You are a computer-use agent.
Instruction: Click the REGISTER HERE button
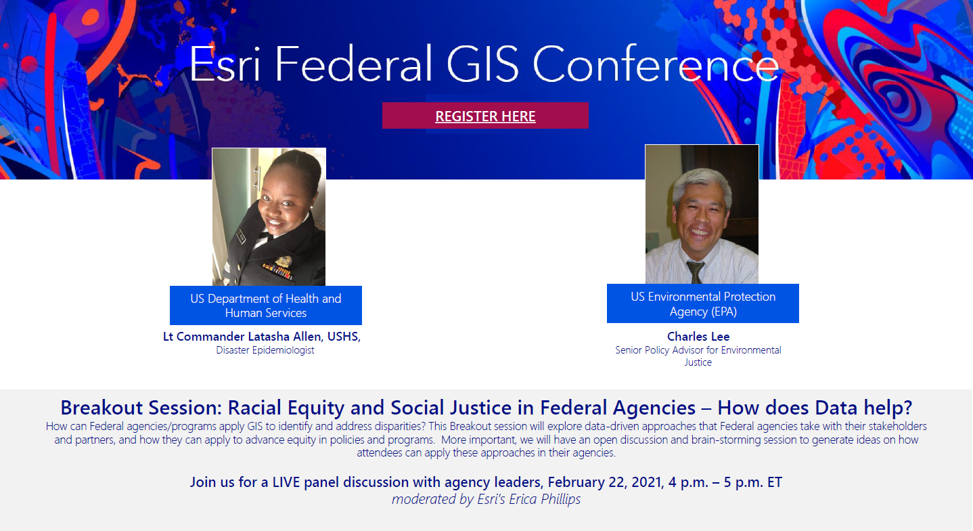485,116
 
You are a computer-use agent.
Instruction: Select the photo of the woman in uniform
269,216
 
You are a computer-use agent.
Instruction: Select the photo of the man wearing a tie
702,214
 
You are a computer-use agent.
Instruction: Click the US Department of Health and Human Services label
265,305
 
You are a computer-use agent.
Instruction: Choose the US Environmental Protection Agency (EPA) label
702,303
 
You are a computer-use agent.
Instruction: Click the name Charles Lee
698,337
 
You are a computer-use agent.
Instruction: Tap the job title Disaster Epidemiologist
265,350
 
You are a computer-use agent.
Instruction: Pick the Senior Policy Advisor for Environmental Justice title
698,356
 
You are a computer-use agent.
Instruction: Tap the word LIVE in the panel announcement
289,482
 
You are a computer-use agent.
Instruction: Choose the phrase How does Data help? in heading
815,408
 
